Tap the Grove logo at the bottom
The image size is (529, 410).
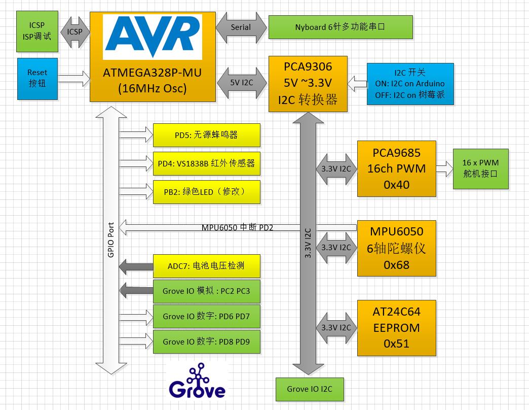[x=198, y=382]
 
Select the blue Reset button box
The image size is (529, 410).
[x=37, y=79]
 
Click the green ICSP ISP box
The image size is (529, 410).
[x=37, y=31]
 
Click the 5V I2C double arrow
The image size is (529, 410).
[x=242, y=83]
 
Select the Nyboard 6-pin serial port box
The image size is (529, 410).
[x=341, y=27]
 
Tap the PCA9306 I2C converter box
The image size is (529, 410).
[x=308, y=84]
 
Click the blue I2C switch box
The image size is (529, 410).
[x=410, y=84]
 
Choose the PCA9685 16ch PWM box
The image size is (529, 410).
[x=396, y=168]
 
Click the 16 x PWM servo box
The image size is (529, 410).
[x=480, y=168]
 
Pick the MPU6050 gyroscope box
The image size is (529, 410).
[x=396, y=248]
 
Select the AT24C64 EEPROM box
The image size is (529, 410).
[x=396, y=328]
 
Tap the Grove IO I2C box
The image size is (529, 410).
[x=310, y=389]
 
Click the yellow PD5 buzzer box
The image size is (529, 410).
[x=206, y=135]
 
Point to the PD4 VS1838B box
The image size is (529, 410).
[x=206, y=163]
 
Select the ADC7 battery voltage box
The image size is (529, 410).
[x=206, y=266]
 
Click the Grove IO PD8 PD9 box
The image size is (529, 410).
[x=206, y=341]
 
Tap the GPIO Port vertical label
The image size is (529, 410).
[x=110, y=240]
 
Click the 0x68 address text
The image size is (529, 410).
[x=396, y=265]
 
